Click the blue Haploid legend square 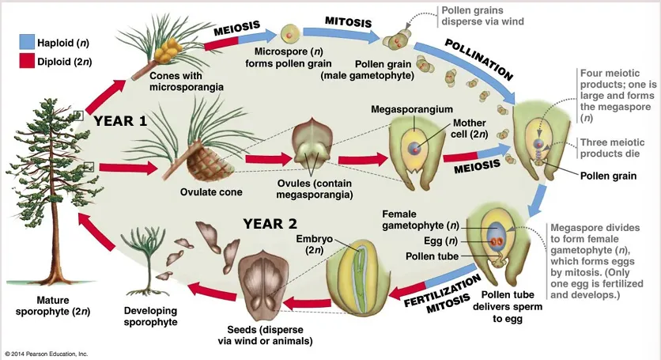(27, 42)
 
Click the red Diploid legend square (27, 61)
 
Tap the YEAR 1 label (120, 121)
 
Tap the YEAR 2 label (270, 224)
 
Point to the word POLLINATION (479, 59)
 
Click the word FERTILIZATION (442, 290)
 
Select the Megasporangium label (412, 109)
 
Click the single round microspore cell (289, 34)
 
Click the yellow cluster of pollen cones (167, 50)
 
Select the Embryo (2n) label (315, 244)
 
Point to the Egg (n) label (440, 241)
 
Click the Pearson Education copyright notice (47, 354)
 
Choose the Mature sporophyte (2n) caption (53, 306)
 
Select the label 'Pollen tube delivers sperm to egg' (508, 306)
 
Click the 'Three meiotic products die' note (612, 148)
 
